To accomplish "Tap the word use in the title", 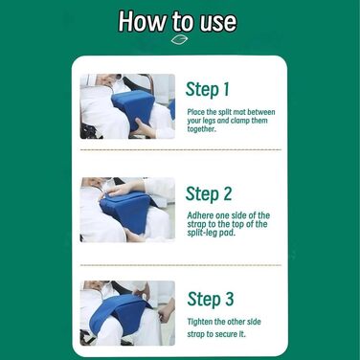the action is [218, 22].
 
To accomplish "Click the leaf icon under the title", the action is [179, 40].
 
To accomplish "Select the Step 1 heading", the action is [208, 89].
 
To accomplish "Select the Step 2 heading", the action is [209, 193].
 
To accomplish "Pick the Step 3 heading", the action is [211, 299].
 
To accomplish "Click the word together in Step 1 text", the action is [201, 129].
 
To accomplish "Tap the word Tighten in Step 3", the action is [200, 322].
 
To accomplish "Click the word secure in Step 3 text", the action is [226, 334].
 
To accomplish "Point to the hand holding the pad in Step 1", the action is [145, 128].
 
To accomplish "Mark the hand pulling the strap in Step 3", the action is [167, 310].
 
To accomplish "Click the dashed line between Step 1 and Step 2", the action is [181, 149].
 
